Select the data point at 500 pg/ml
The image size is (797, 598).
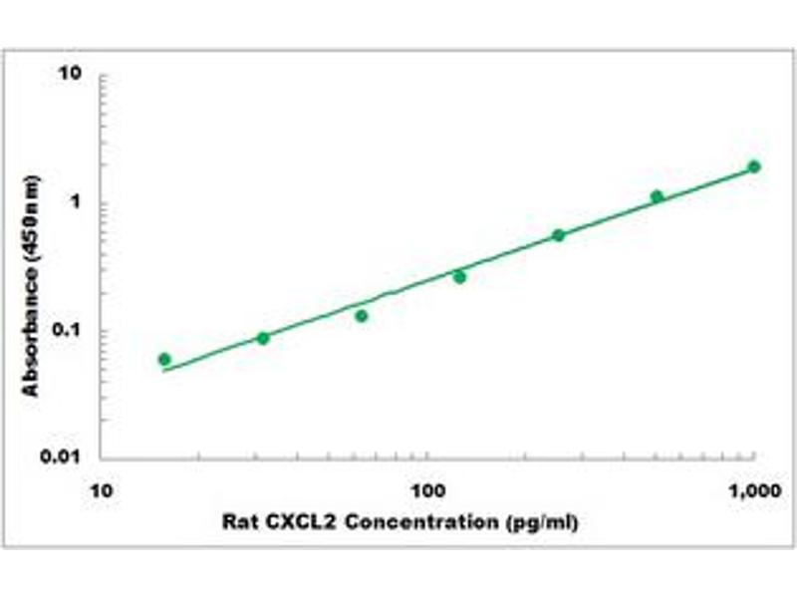[x=657, y=196]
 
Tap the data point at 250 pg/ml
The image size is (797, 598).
[x=558, y=235]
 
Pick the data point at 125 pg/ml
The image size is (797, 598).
[x=459, y=277]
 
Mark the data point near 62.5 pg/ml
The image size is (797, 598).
[x=362, y=316]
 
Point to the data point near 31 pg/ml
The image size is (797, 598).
[x=263, y=338]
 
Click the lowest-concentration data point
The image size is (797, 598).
[x=164, y=359]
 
